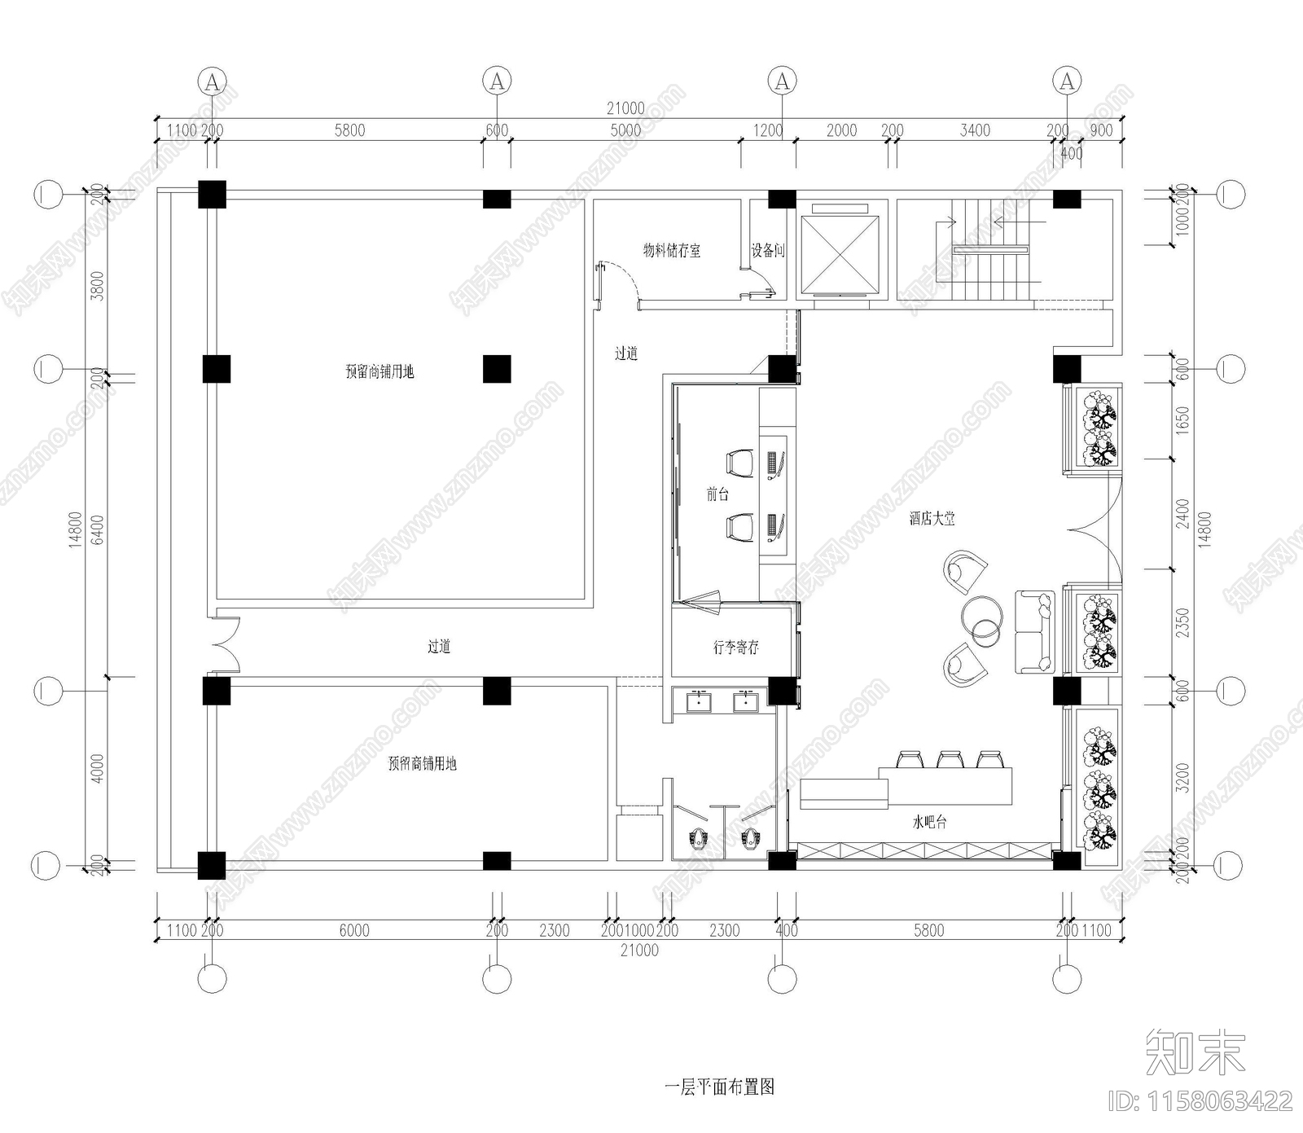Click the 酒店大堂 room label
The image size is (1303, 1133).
pyautogui.click(x=932, y=519)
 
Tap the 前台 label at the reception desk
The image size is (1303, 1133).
pyautogui.click(x=717, y=494)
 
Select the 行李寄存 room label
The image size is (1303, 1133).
pyautogui.click(x=735, y=648)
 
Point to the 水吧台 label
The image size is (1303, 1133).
pyautogui.click(x=929, y=823)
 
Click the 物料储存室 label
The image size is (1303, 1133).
pyautogui.click(x=671, y=251)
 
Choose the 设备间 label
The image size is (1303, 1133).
pyautogui.click(x=767, y=251)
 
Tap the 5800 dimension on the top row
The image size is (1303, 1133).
pyautogui.click(x=349, y=130)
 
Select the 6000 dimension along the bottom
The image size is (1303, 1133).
pyautogui.click(x=354, y=930)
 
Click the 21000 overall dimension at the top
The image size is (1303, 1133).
pyautogui.click(x=625, y=108)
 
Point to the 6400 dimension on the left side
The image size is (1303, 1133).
pyautogui.click(x=98, y=529)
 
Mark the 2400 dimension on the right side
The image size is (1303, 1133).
pyautogui.click(x=1183, y=514)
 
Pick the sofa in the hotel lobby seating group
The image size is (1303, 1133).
pyautogui.click(x=1033, y=631)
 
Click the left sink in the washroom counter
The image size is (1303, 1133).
pyautogui.click(x=698, y=700)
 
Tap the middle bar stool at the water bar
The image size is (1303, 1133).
pyautogui.click(x=948, y=759)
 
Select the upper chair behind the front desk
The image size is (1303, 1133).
pyautogui.click(x=739, y=463)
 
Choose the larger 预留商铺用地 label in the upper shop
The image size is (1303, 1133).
pyautogui.click(x=379, y=372)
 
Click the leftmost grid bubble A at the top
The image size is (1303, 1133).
pyautogui.click(x=212, y=81)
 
